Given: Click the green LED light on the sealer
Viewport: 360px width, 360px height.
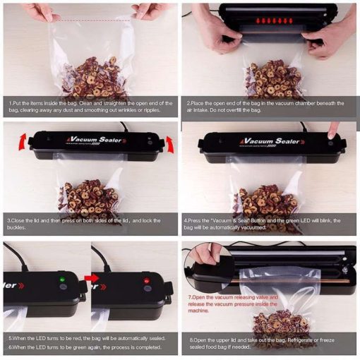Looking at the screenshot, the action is click(62, 280).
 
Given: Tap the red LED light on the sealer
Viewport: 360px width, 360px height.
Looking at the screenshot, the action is click(146, 280).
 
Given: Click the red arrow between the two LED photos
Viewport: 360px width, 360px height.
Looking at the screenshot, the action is click(92, 278).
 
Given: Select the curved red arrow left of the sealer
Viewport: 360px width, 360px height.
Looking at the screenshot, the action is click(23, 142).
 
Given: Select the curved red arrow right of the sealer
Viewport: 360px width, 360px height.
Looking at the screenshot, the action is click(170, 144).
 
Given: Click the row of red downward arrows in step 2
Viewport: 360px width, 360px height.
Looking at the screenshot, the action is click(274, 20).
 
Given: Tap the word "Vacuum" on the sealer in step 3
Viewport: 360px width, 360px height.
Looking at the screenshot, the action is click(83, 139).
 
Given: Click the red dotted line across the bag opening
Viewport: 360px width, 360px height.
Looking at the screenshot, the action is click(92, 21).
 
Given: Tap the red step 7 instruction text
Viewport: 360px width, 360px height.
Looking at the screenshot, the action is click(233, 304).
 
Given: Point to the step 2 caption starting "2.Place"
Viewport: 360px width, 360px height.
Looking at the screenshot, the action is click(265, 107).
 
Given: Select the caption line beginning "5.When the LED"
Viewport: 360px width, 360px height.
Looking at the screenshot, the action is click(87, 338).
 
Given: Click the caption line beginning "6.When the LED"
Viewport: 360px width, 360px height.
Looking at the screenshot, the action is click(85, 347).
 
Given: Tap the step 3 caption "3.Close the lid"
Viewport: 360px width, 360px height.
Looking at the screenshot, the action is click(84, 224).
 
